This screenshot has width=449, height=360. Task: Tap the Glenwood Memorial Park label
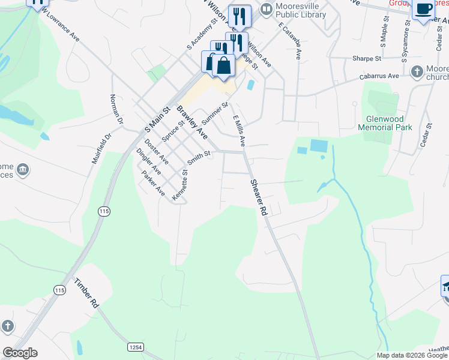tap(385, 123)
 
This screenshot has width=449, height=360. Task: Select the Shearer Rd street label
tap(259, 198)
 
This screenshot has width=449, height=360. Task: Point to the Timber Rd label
tap(86, 293)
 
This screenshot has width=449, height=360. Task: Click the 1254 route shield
tap(136, 347)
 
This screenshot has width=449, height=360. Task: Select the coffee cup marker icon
tap(424, 9)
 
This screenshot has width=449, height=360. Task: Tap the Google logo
tap(20, 353)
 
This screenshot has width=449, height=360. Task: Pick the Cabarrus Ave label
tap(379, 77)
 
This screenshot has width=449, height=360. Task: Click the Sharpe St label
tap(367, 59)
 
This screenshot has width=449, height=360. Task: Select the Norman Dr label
tap(116, 109)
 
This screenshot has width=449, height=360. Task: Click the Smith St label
tap(199, 158)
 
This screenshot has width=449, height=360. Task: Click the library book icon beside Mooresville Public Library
tap(265, 10)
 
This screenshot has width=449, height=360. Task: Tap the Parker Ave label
tap(153, 184)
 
